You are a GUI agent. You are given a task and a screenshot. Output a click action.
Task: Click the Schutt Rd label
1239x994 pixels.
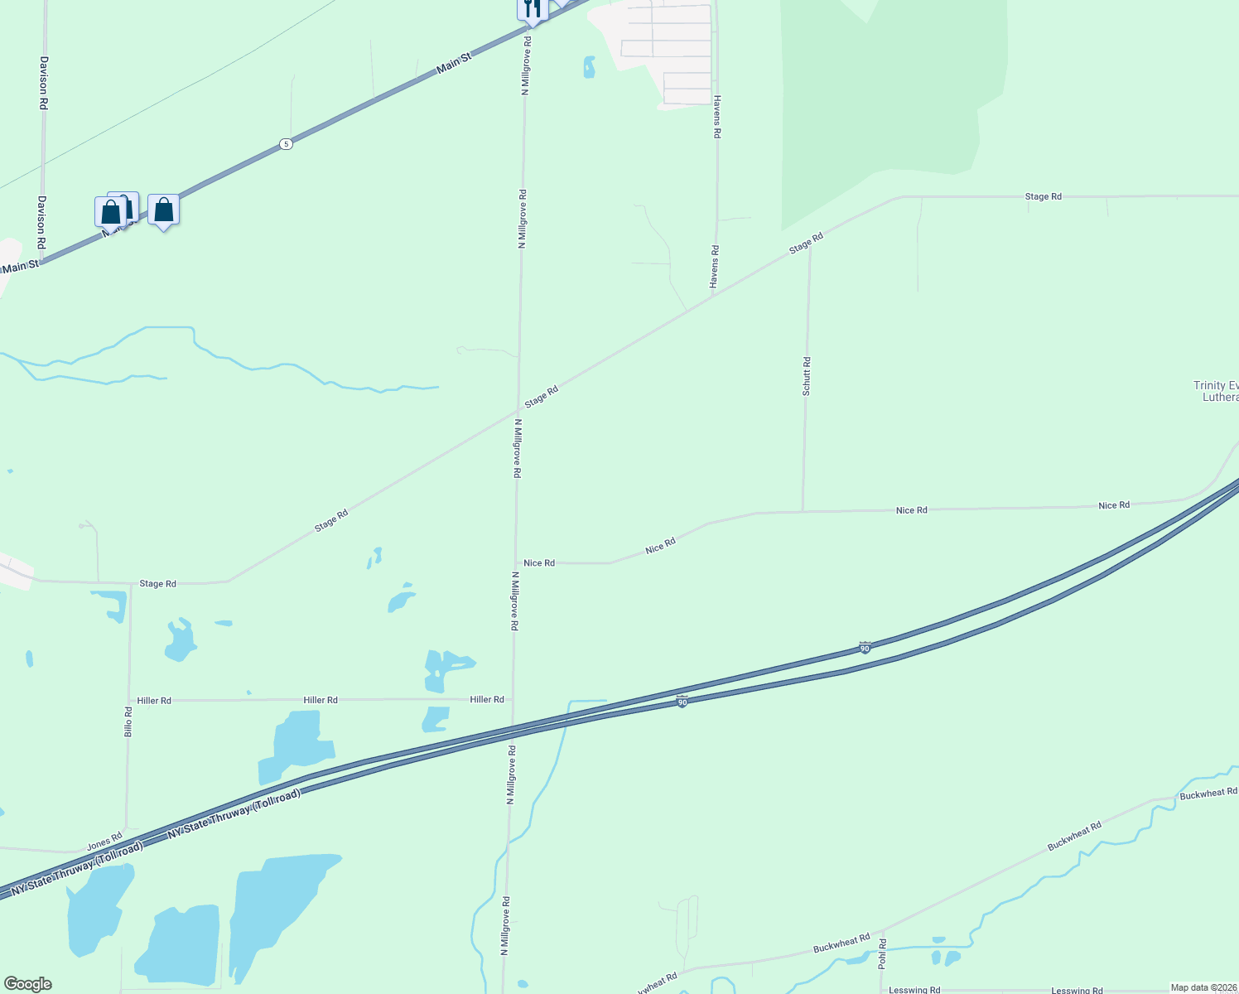(x=807, y=376)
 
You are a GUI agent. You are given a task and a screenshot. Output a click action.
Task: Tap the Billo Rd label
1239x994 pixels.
(x=128, y=721)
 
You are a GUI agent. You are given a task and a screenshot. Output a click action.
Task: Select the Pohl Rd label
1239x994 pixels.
(x=882, y=954)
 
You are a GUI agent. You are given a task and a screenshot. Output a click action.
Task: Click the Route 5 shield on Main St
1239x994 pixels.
(x=286, y=144)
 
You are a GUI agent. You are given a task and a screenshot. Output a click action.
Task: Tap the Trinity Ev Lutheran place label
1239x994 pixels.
(x=1216, y=391)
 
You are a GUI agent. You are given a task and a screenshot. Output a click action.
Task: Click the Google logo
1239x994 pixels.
(x=27, y=984)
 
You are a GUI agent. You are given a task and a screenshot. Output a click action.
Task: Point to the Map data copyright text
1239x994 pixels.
(x=1203, y=987)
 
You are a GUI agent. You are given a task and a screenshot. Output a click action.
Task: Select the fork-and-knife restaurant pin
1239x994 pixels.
(x=533, y=9)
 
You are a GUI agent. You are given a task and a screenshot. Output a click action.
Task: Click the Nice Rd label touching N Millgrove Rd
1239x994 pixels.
(x=539, y=563)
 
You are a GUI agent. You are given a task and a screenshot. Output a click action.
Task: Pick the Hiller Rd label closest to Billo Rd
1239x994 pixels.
(x=154, y=701)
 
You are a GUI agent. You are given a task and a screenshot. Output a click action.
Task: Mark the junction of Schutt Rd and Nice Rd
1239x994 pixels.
(x=803, y=512)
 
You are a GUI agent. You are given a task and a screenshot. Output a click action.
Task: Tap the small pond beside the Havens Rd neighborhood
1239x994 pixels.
(x=589, y=67)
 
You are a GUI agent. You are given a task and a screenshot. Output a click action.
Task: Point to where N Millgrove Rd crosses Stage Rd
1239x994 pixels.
(x=518, y=408)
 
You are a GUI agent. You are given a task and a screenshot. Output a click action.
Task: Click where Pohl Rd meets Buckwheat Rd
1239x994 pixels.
(x=881, y=931)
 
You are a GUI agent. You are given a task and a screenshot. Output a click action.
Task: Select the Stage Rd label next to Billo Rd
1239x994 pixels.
(x=157, y=584)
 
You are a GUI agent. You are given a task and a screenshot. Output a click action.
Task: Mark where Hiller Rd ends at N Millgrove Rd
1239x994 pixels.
(x=513, y=700)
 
